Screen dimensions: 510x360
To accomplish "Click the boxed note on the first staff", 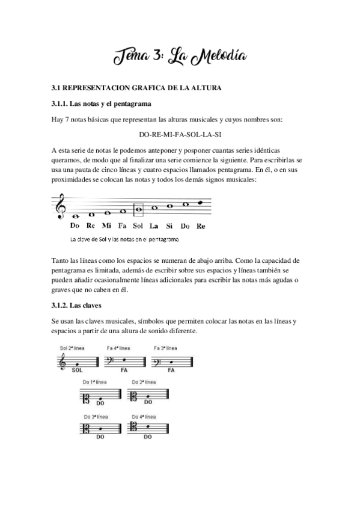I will [x=138, y=210].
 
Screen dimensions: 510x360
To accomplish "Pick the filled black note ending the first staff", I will [x=201, y=203].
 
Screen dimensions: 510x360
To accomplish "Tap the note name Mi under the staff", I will [x=106, y=226].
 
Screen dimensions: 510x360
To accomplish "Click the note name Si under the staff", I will [x=169, y=226].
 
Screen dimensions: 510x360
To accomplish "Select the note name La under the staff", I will [x=153, y=226].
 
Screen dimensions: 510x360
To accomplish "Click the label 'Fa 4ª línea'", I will [x=118, y=348].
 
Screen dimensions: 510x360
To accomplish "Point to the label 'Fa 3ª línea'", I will [x=165, y=348].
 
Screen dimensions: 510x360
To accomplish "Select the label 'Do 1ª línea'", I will [x=96, y=381].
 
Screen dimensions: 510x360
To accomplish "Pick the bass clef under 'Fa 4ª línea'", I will [x=111, y=361].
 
